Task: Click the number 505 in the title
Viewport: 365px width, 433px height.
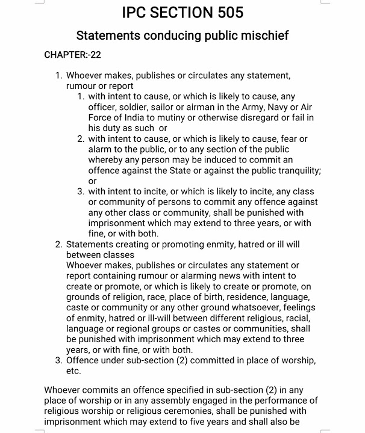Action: [221, 12]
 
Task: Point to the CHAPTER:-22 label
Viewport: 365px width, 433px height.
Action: [72, 55]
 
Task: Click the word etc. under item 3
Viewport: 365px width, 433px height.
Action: [73, 371]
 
